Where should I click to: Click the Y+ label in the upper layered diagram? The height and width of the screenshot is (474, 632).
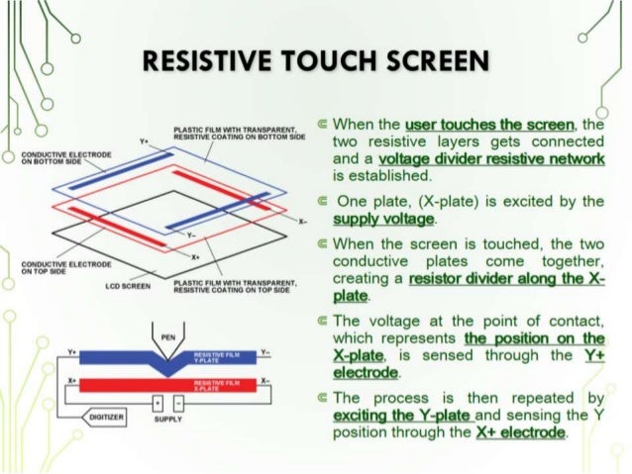coord(145,142)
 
